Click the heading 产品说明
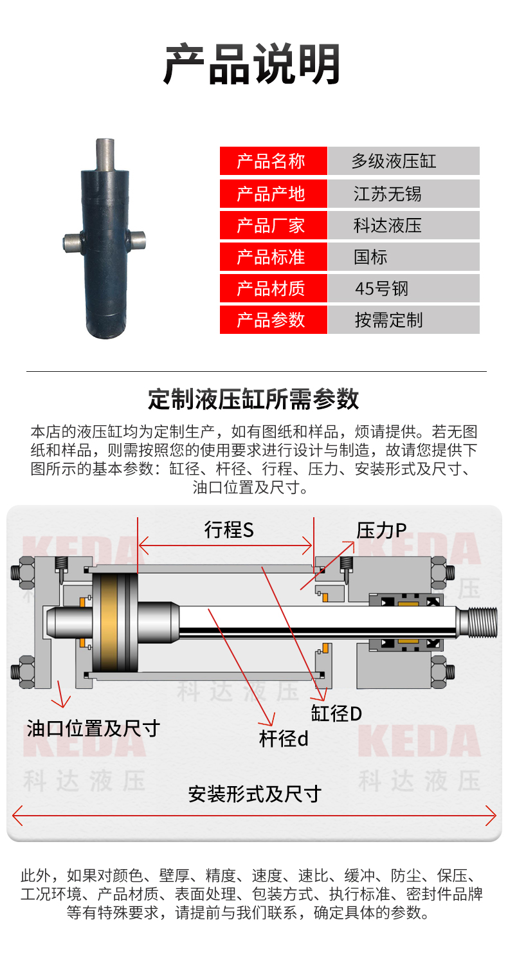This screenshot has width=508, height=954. coord(252,64)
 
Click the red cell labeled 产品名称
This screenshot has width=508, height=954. coord(273,161)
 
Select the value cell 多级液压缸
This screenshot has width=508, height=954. coord(403,161)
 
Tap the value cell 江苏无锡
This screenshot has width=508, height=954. coord(403,194)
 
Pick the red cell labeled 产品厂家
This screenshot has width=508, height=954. coord(273,225)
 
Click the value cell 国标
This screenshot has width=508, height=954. coord(403,257)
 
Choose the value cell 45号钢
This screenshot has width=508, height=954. coord(403,288)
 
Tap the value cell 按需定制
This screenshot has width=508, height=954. coord(403,320)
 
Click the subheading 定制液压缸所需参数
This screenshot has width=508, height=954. coord(253,399)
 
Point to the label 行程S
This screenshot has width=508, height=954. coord(229,530)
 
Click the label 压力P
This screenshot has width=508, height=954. coord(381,531)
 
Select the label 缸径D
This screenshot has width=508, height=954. coord(336,713)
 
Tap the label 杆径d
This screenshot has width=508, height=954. coord(284,739)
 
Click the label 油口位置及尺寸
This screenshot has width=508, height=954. coord(93,728)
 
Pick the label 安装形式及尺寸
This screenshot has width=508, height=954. coord(255,794)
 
